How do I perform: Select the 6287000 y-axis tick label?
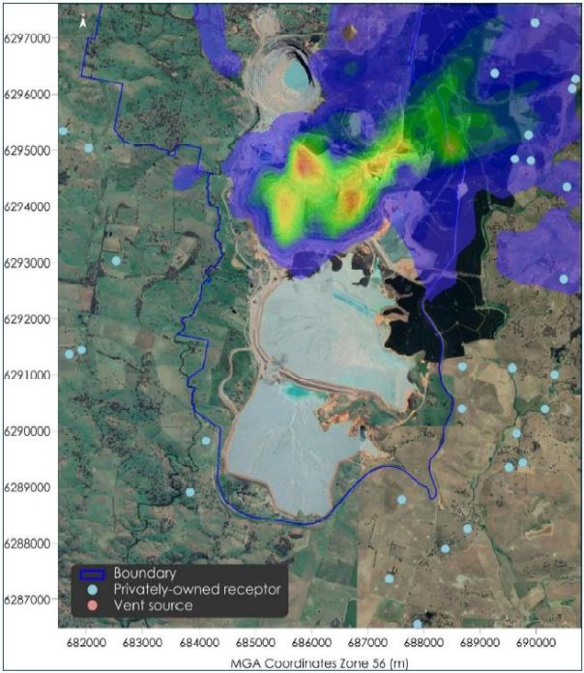[x=29, y=600]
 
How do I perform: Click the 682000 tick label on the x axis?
[x=86, y=643]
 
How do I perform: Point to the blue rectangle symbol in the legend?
[x=91, y=571]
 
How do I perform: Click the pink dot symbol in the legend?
[x=91, y=605]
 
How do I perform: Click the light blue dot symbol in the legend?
[x=91, y=588]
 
